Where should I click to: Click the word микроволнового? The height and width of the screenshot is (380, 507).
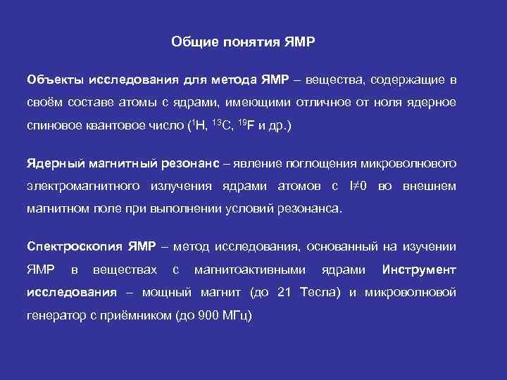[408, 163]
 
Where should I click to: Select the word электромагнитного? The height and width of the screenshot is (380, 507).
[84, 186]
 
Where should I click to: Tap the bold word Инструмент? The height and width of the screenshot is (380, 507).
[419, 270]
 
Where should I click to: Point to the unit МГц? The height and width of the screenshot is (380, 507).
[238, 316]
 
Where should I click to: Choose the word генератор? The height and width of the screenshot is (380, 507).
[56, 316]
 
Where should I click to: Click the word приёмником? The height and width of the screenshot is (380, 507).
[137, 316]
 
